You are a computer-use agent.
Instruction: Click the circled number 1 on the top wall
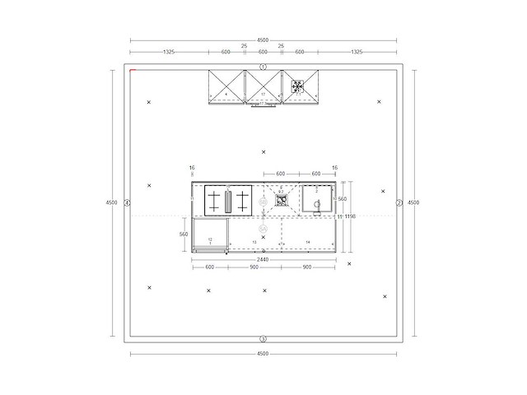263,67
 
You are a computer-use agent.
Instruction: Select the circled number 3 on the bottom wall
263,339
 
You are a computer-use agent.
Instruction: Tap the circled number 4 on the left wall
128,202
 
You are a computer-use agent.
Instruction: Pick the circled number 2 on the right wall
399,202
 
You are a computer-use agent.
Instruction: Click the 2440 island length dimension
263,259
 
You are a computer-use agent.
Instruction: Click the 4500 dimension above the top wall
263,39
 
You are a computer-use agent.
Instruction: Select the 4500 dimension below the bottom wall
263,354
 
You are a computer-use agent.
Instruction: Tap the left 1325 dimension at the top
169,52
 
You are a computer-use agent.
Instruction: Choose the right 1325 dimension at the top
357,52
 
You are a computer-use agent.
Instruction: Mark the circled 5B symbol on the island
263,227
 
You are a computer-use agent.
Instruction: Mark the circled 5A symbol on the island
263,201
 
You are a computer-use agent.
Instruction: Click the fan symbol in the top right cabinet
297,85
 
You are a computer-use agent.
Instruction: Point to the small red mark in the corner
133,71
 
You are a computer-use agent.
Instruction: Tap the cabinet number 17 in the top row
263,95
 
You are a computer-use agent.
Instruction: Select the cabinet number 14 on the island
308,242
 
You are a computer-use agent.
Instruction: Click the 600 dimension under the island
209,267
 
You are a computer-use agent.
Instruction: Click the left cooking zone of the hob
215,200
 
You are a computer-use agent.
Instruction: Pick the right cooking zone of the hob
242,200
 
